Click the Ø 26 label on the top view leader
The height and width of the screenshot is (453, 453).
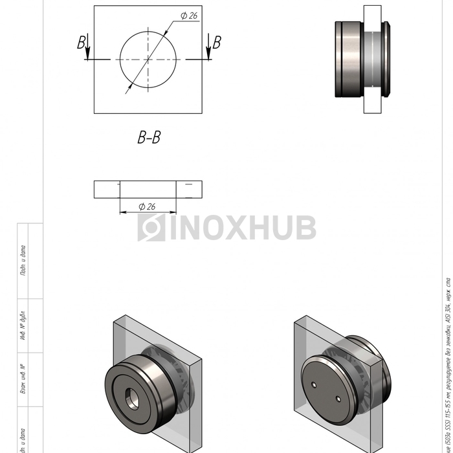[188, 16]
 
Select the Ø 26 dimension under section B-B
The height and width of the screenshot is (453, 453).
[147, 206]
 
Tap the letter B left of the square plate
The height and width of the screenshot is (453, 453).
[81, 43]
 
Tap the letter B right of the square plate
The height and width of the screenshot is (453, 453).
[217, 43]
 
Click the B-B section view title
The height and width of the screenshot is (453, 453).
[148, 137]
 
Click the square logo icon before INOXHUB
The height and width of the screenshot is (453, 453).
[151, 228]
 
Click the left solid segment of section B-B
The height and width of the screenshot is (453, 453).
[107, 189]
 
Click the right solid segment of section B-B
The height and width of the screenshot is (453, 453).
[189, 189]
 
